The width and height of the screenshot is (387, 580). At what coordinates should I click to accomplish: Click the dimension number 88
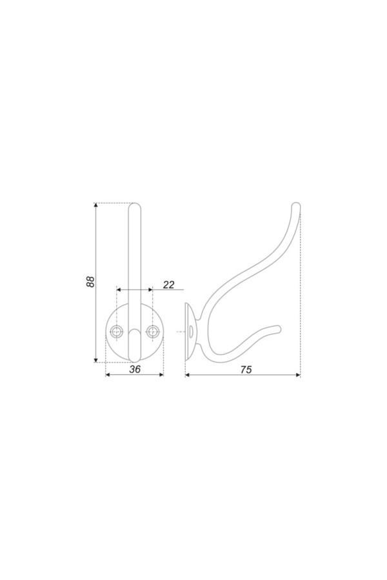click(x=91, y=282)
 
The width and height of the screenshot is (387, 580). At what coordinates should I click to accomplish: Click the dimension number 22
click(x=168, y=284)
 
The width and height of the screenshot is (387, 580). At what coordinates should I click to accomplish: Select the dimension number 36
click(x=135, y=369)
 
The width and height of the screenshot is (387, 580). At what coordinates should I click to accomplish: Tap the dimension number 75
click(x=246, y=369)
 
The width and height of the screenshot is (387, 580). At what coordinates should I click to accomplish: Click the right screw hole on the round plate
click(x=152, y=331)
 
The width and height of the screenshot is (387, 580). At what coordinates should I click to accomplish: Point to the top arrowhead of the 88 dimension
click(x=96, y=206)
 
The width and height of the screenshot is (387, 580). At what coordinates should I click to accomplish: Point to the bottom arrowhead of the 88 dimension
click(x=96, y=360)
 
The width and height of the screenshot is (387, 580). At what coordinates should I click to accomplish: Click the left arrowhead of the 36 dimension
click(x=108, y=374)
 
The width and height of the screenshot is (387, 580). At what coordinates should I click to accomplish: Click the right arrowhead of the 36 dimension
click(x=161, y=374)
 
